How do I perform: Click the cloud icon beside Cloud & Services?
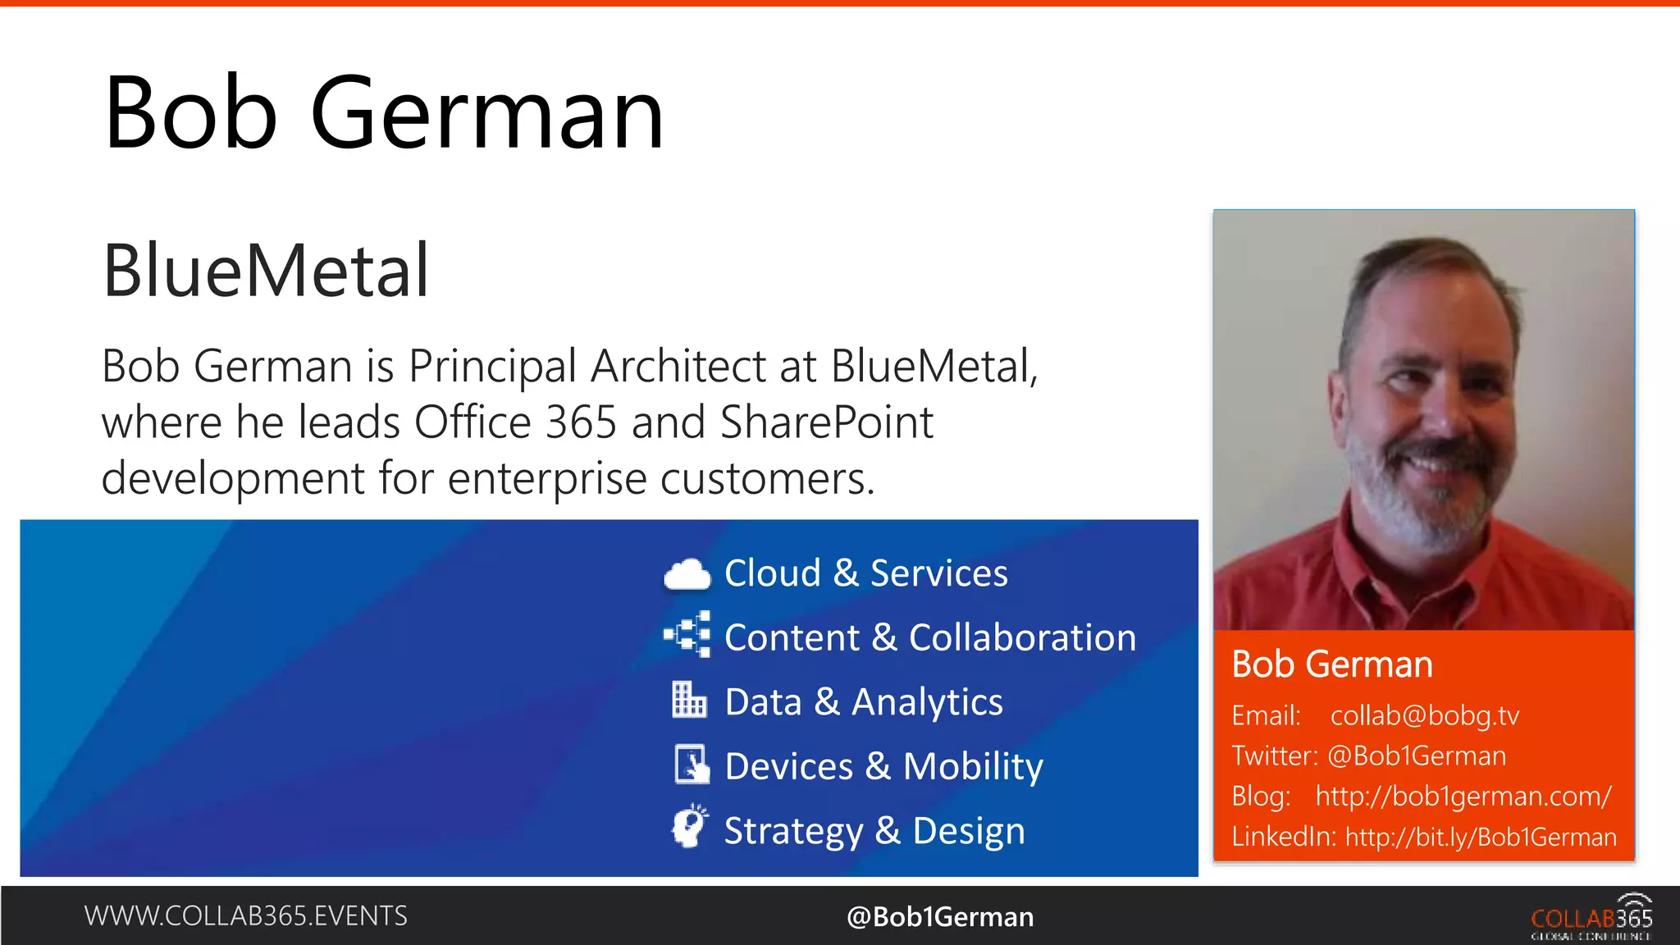687,574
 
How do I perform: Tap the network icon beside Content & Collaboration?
687,635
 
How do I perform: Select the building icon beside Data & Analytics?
688,700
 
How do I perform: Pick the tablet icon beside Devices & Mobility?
691,765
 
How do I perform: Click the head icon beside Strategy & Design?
689,827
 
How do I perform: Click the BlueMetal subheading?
266,271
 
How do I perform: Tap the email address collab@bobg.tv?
1424,716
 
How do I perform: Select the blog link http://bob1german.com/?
1463,797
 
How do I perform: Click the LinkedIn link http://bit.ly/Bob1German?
1481,838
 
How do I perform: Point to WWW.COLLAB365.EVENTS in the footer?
245,916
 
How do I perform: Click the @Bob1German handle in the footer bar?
940,917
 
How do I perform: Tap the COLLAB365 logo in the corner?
1591,918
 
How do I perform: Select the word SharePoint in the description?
826,422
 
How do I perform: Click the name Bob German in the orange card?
1331,664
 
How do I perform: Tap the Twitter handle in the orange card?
1416,756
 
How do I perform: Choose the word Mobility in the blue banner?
972,767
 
